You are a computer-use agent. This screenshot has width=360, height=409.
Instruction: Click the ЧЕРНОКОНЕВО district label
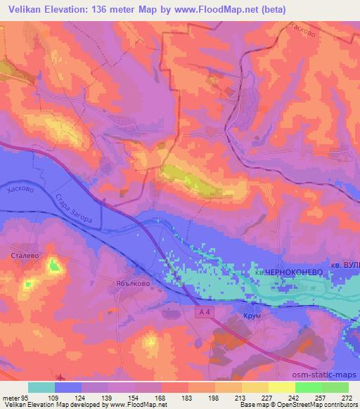point(288,271)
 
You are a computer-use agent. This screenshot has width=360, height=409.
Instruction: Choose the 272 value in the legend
point(346,397)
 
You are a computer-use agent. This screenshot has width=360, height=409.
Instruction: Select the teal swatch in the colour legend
point(41,387)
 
